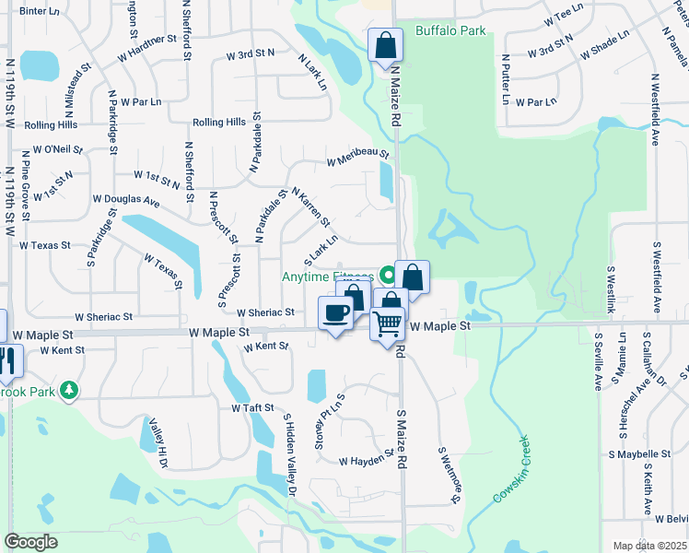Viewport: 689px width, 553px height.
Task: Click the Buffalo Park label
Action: click(x=450, y=30)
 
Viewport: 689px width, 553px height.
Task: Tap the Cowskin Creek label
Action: click(x=513, y=469)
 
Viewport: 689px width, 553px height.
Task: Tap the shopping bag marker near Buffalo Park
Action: click(x=385, y=44)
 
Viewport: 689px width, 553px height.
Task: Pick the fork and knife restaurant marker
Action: click(x=8, y=362)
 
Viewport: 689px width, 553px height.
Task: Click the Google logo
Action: click(x=30, y=542)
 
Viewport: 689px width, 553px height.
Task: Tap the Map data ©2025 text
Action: click(x=649, y=546)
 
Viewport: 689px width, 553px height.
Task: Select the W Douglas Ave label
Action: click(x=126, y=200)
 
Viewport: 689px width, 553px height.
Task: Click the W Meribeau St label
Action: click(x=358, y=160)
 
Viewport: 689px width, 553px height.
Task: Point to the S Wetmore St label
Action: click(x=449, y=476)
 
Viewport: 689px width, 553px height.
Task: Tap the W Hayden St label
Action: click(x=366, y=459)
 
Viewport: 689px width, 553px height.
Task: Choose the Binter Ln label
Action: click(x=39, y=11)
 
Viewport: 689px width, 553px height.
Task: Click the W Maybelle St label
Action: click(x=639, y=454)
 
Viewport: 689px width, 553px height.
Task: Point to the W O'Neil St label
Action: click(x=58, y=149)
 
